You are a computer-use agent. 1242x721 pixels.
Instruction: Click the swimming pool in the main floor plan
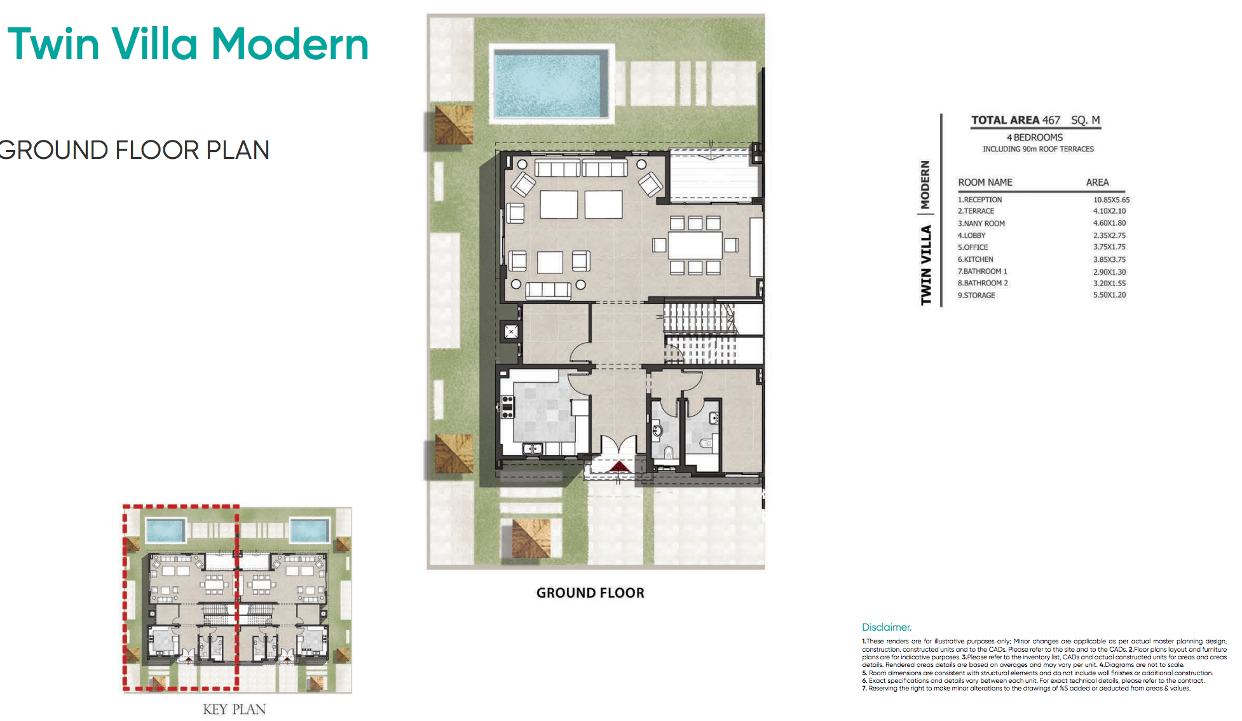click(x=550, y=85)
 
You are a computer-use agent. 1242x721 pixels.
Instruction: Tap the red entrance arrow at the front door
click(x=618, y=467)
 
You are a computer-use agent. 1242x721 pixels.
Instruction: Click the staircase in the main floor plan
click(x=699, y=333)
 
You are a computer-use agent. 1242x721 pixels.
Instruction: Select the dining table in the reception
click(x=695, y=245)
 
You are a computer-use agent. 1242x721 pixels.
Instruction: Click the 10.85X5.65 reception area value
click(x=1111, y=200)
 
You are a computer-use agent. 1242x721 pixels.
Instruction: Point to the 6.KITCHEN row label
click(x=975, y=259)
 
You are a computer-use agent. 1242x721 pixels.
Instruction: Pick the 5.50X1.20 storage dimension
click(x=1109, y=295)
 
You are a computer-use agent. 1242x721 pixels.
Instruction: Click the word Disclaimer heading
click(x=886, y=628)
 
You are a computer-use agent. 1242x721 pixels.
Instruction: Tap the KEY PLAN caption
click(x=234, y=710)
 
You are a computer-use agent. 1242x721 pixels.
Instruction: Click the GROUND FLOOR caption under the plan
click(x=590, y=593)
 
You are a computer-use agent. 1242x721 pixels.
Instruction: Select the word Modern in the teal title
click(x=289, y=45)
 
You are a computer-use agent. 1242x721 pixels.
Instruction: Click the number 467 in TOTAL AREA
click(x=1051, y=120)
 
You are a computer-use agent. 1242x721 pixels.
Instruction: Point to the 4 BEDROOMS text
click(x=1034, y=137)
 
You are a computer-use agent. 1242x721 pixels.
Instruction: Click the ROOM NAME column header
click(x=985, y=182)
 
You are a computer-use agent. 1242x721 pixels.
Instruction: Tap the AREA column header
click(x=1097, y=182)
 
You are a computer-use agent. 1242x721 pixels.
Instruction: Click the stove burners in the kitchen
click(x=507, y=407)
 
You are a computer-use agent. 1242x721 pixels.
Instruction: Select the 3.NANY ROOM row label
click(x=981, y=224)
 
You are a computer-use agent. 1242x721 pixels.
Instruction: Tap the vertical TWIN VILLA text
click(x=926, y=264)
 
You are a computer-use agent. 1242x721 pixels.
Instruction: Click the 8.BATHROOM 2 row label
click(x=983, y=284)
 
